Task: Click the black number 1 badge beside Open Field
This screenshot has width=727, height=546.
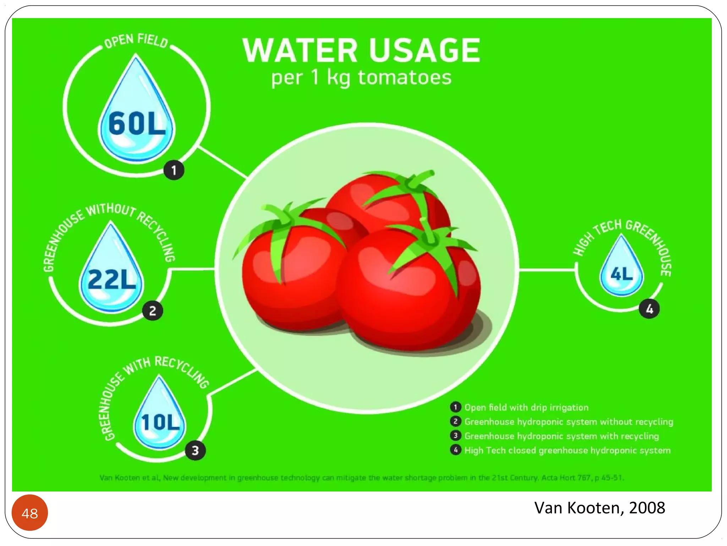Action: pos(174,170)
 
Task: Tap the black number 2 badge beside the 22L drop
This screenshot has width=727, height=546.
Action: pos(153,311)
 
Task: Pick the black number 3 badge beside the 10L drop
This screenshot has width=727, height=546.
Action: pos(195,450)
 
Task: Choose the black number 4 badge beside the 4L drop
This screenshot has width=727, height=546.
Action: pos(649,309)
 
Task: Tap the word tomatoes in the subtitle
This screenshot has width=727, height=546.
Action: pos(405,77)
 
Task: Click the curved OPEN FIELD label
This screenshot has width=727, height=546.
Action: pos(136,40)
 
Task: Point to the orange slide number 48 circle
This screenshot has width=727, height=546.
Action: pos(30,513)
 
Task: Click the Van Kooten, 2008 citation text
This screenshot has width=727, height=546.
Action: pos(600,508)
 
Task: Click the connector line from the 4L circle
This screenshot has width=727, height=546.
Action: pos(547,270)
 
